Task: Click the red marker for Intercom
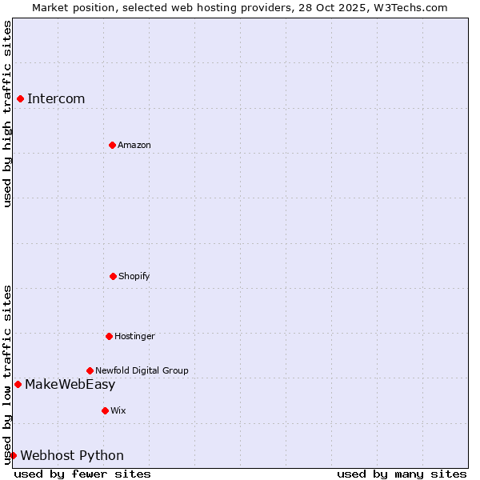(x=20, y=98)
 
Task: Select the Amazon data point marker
(x=112, y=145)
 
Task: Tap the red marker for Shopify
(x=113, y=276)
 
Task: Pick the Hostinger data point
(x=109, y=336)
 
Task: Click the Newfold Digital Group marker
(x=90, y=370)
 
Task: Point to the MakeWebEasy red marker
(x=18, y=384)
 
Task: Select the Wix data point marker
(x=105, y=410)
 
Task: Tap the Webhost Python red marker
(x=13, y=455)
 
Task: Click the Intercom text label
(x=56, y=98)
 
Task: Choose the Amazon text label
(x=134, y=145)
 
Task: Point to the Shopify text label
(x=134, y=276)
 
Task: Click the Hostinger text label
(x=134, y=336)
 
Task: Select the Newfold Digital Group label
(x=142, y=370)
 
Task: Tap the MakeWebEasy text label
(x=70, y=384)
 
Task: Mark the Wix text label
(x=118, y=410)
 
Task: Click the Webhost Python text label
(x=72, y=455)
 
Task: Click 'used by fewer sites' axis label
(x=82, y=474)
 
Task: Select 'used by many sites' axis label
(x=402, y=474)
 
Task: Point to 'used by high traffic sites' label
(x=7, y=114)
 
